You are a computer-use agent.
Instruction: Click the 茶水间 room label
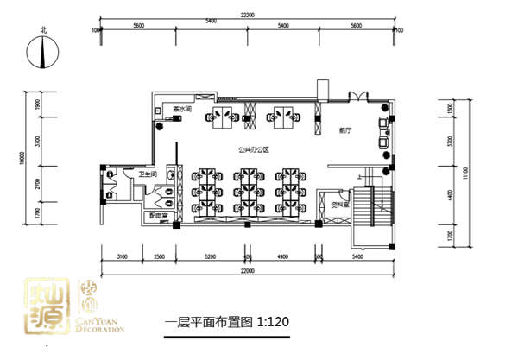coord(182,111)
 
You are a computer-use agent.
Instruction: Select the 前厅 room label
coord(344,131)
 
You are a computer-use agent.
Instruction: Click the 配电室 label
coord(158,216)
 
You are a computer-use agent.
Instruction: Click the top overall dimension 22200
coord(247,15)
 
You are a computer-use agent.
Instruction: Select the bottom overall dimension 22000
coord(248,272)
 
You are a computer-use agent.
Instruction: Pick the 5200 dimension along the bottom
coord(211,256)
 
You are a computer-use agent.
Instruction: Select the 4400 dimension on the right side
coord(451,196)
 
